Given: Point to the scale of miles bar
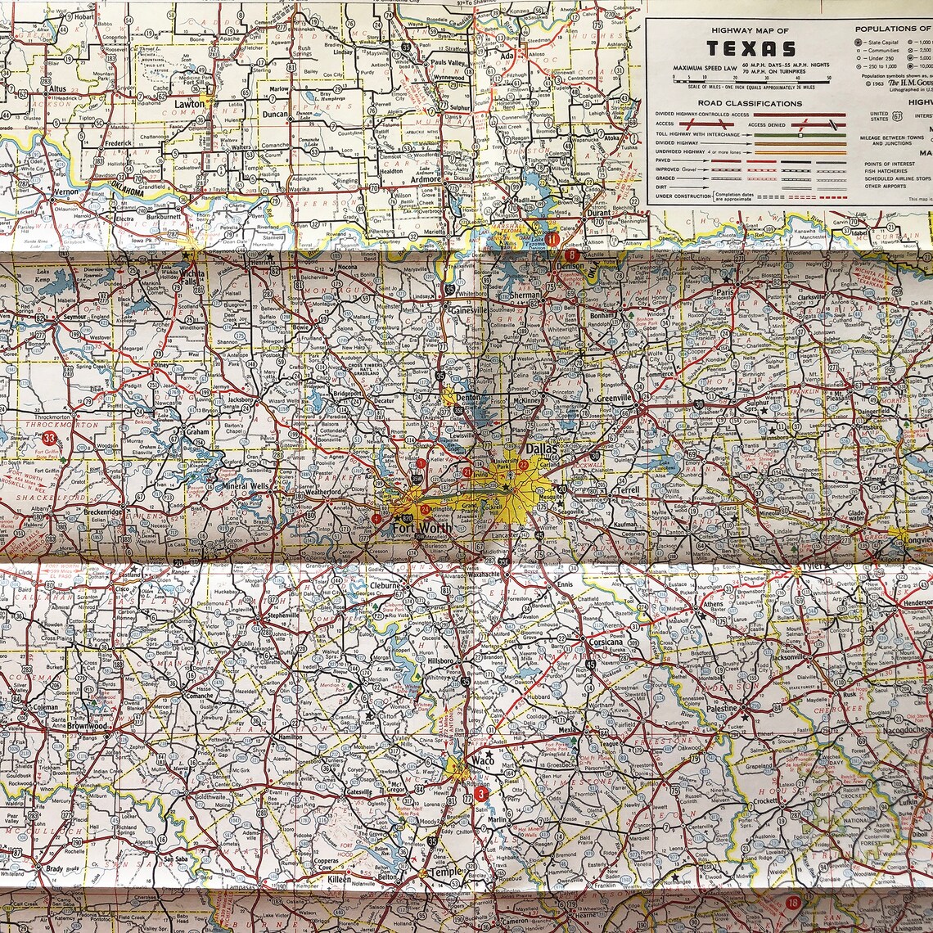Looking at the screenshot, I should click(x=750, y=79).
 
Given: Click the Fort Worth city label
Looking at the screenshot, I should click(x=421, y=528).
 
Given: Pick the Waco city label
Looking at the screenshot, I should click(x=485, y=760).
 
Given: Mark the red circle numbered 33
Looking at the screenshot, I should click(x=50, y=439).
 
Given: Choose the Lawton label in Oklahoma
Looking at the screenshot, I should click(x=189, y=104).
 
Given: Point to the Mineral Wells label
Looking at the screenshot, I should click(x=246, y=486).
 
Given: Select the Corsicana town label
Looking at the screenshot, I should click(x=606, y=642).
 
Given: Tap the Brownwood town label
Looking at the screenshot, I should click(x=87, y=726).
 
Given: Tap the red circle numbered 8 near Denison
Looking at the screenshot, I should click(x=570, y=255).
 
